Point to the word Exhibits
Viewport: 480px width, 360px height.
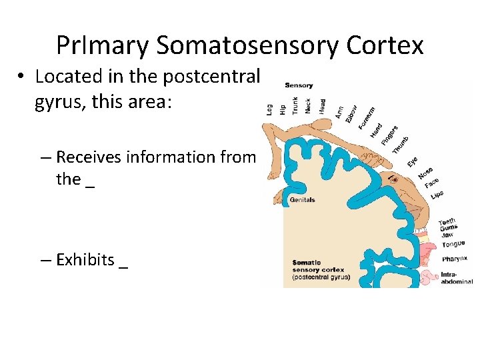click(x=85, y=260)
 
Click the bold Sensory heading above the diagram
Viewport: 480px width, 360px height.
click(x=299, y=85)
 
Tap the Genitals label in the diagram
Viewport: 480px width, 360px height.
click(x=302, y=200)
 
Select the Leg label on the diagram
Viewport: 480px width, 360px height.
click(x=269, y=108)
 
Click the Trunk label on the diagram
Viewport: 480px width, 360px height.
click(x=295, y=105)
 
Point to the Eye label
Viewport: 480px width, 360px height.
click(x=413, y=161)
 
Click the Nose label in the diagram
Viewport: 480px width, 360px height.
click(x=426, y=172)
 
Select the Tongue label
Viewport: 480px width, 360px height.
click(x=453, y=243)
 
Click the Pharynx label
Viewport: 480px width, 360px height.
click(x=455, y=259)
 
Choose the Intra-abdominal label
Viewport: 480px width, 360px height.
click(x=456, y=277)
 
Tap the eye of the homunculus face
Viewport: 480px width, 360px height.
click(x=394, y=179)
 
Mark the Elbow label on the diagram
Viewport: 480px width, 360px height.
click(x=351, y=112)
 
